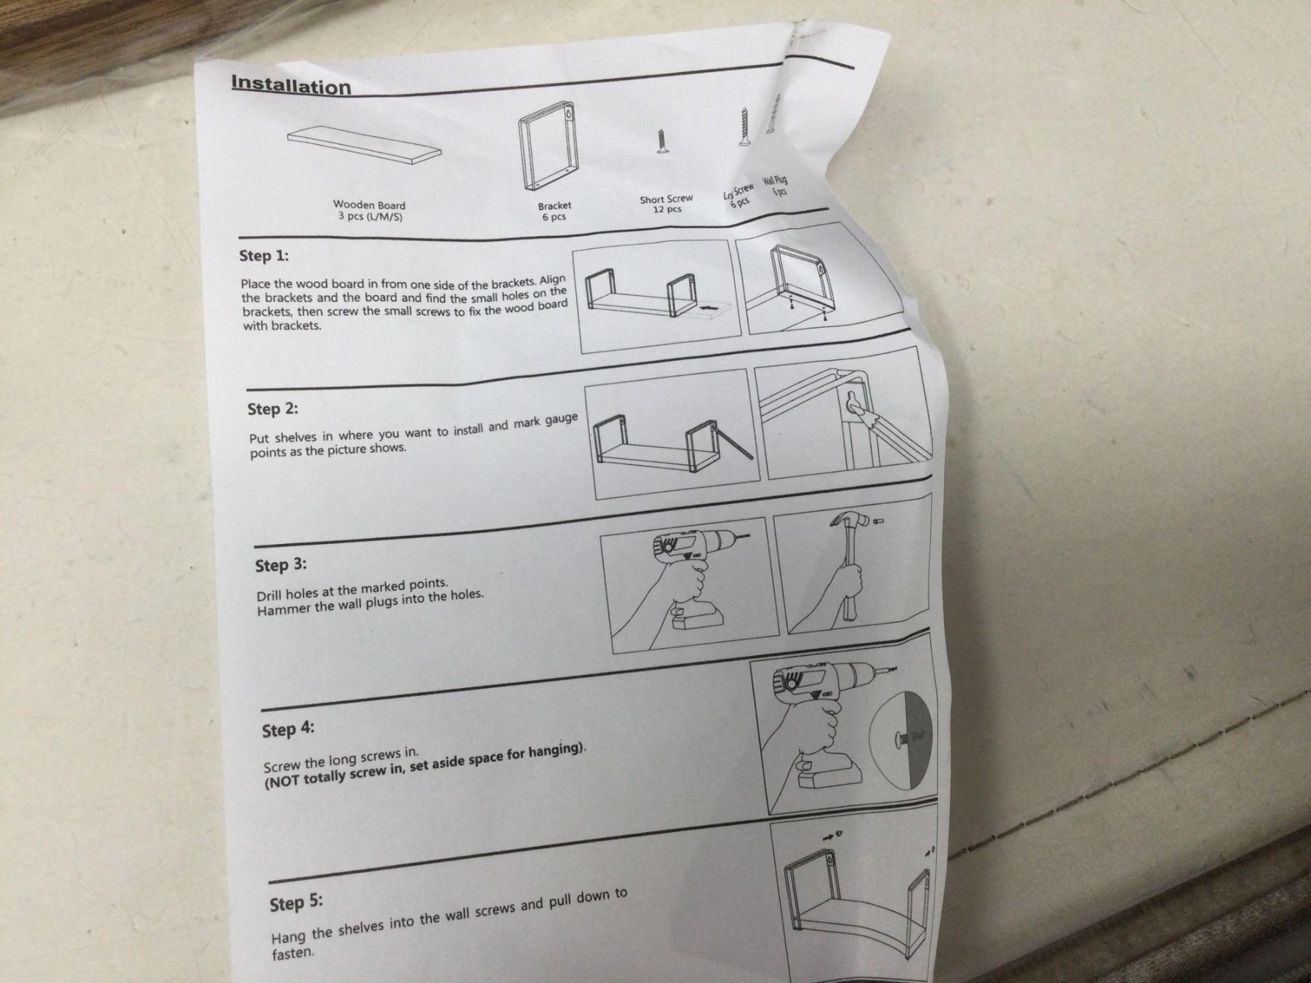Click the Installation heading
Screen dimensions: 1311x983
tap(291, 85)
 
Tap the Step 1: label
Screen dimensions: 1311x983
tap(264, 256)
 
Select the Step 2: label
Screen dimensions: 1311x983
tap(272, 408)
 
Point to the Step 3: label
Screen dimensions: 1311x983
tap(280, 566)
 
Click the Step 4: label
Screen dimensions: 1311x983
tap(288, 730)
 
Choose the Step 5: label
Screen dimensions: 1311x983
tap(296, 903)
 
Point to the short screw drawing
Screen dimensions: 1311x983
tap(661, 142)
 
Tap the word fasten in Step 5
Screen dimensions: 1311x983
tap(293, 953)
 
